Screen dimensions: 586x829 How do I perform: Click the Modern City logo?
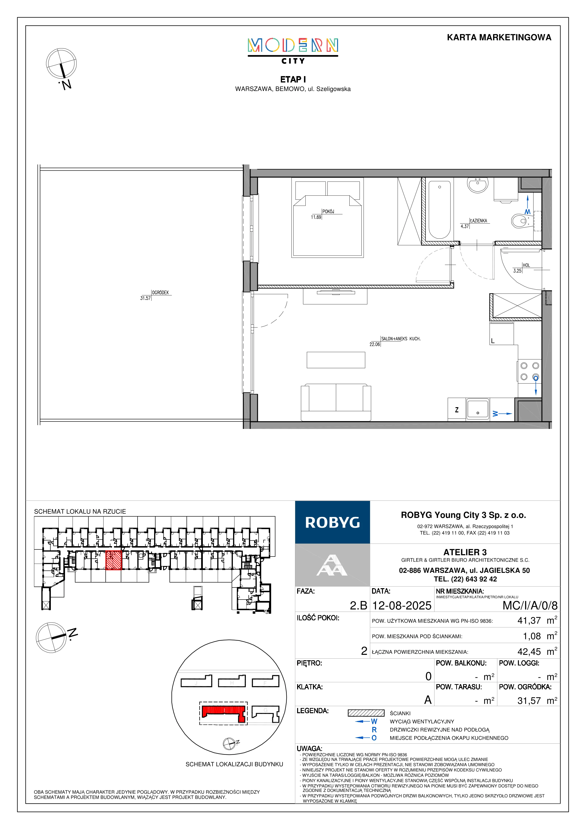pos(293,51)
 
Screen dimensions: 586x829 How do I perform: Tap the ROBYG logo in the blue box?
pos(333,522)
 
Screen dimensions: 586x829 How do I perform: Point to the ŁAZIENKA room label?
pos(479,221)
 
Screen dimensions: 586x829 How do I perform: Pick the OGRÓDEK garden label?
pos(160,293)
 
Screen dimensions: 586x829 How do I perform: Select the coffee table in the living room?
pos(336,360)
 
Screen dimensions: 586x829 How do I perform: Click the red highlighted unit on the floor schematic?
pos(113,560)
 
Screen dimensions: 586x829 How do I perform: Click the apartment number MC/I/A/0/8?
pos(530,605)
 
